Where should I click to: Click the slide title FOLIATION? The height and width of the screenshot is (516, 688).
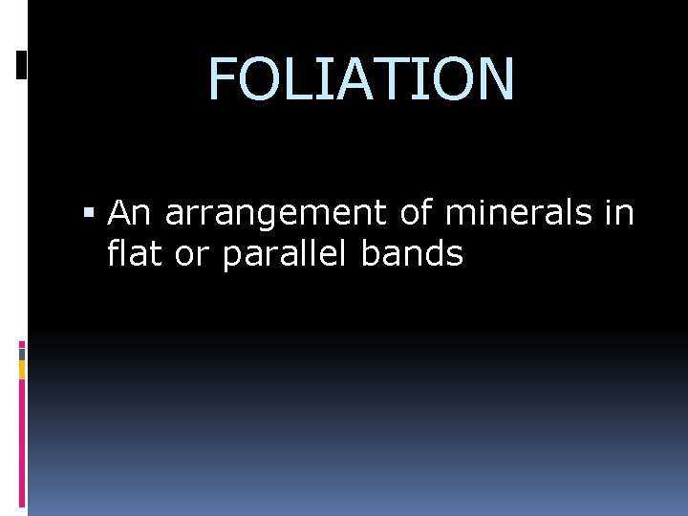click(361, 78)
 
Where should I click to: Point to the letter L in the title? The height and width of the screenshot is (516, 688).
click(305, 78)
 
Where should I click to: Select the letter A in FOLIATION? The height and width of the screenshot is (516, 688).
click(368, 78)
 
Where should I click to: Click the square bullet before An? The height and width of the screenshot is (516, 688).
click(90, 213)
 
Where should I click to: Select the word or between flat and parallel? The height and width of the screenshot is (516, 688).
click(190, 255)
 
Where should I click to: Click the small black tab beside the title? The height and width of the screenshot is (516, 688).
click(22, 64)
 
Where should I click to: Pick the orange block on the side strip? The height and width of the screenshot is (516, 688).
click(22, 369)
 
